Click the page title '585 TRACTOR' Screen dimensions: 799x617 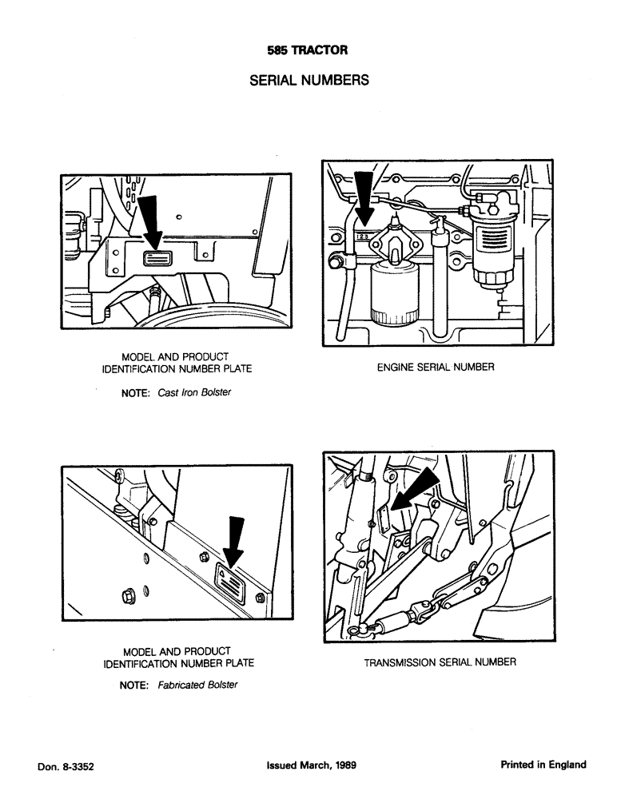point(308,50)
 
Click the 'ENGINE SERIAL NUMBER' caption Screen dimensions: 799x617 point(436,368)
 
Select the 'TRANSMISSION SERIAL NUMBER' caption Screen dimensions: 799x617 point(440,662)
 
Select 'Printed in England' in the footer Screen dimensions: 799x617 point(543,765)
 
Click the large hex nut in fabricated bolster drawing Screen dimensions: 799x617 point(129,594)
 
